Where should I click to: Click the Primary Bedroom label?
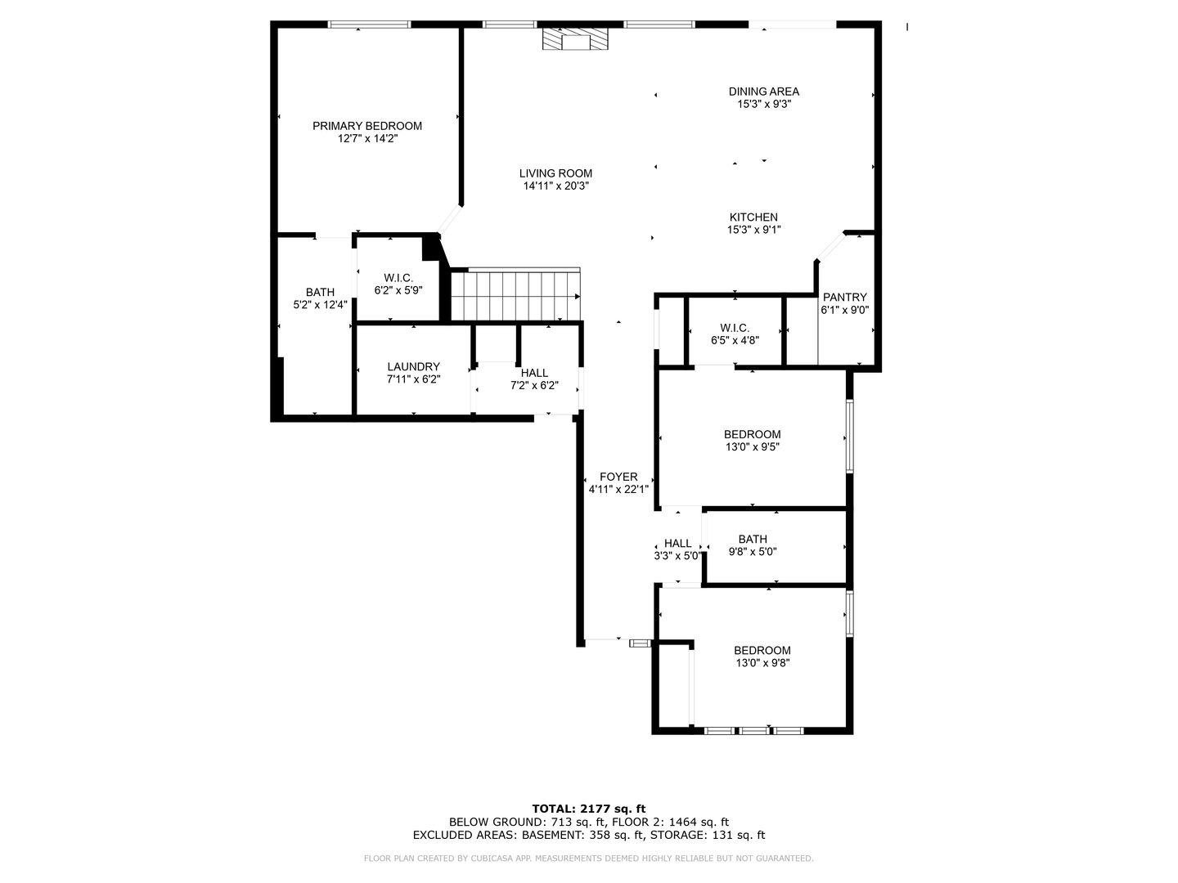pyautogui.click(x=367, y=126)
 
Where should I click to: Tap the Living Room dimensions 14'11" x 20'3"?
pyautogui.click(x=556, y=186)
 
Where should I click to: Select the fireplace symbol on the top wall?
pyautogui.click(x=575, y=38)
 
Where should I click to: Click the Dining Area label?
pyautogui.click(x=764, y=92)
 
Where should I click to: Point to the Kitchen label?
pyautogui.click(x=753, y=217)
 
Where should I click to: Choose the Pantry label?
pyautogui.click(x=845, y=297)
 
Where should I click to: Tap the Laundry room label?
pyautogui.click(x=413, y=367)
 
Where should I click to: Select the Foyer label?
pyautogui.click(x=618, y=477)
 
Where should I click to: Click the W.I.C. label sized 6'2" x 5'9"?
pyautogui.click(x=398, y=278)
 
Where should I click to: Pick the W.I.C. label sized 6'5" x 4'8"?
pyautogui.click(x=735, y=328)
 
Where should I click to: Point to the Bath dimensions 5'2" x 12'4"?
pyautogui.click(x=320, y=305)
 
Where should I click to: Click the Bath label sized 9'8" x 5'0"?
pyautogui.click(x=753, y=540)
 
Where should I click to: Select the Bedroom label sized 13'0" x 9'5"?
pyautogui.click(x=752, y=434)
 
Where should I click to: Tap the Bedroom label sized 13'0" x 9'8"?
pyautogui.click(x=762, y=650)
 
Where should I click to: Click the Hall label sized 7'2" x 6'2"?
pyautogui.click(x=534, y=373)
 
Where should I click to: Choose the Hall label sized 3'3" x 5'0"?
pyautogui.click(x=678, y=543)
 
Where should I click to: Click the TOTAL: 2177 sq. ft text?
pyautogui.click(x=589, y=809)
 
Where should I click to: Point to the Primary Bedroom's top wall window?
pyautogui.click(x=369, y=25)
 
